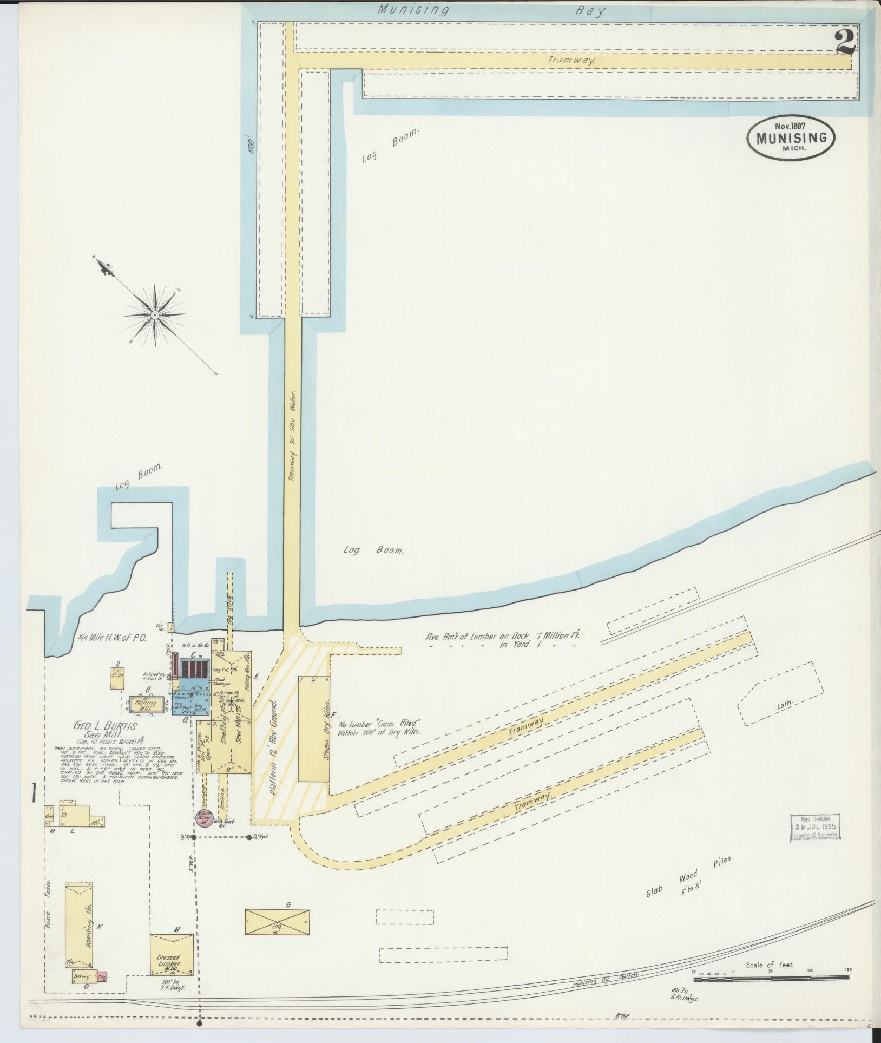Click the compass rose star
click(x=154, y=314)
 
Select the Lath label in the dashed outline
click(x=784, y=704)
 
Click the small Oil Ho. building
click(x=170, y=627)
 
